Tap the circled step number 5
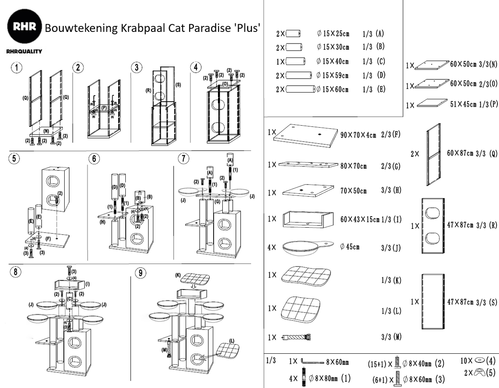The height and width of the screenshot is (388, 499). coord(14,158)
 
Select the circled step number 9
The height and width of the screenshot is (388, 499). coord(141,273)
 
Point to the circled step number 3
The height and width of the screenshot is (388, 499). coord(137,67)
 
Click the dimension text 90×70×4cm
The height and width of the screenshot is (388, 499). coord(358,135)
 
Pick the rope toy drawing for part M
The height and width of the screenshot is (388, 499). coord(296,337)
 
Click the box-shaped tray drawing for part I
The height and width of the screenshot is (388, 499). coord(307,219)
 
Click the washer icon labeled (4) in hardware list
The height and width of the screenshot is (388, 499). coord(479,360)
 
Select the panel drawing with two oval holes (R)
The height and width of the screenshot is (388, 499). coord(433,226)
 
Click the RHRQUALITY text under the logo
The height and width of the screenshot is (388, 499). coord(24,51)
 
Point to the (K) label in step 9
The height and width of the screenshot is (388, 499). coord(178,275)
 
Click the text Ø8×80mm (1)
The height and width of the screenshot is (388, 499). coord(329,378)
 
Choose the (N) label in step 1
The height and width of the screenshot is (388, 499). coord(46,130)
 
